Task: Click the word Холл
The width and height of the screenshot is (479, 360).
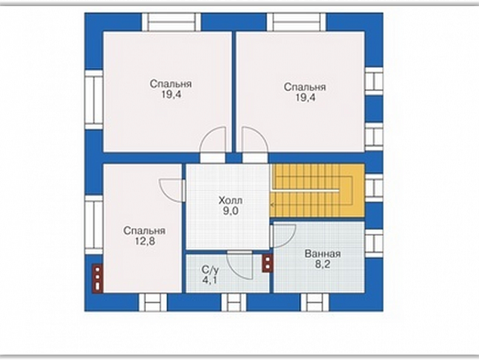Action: tap(230, 200)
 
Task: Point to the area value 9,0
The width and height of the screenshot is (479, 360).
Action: tap(230, 211)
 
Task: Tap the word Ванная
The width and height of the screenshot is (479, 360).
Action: tap(323, 254)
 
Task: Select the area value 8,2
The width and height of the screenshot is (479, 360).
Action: tap(323, 264)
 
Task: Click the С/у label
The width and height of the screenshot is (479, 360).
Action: tap(210, 270)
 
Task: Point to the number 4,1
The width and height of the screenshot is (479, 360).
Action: tap(209, 280)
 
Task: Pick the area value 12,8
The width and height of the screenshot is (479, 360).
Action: tap(145, 241)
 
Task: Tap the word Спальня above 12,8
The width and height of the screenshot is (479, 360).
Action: tap(144, 231)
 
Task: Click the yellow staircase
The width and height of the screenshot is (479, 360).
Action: tap(317, 191)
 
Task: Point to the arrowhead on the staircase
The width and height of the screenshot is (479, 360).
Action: tap(272, 205)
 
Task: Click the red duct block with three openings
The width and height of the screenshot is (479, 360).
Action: tap(97, 278)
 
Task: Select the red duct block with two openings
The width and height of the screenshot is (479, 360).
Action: tap(267, 263)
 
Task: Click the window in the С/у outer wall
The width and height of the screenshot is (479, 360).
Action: tap(234, 303)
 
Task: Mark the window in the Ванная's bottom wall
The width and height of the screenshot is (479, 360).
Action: tap(314, 303)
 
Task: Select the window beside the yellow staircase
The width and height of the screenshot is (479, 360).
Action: tap(374, 188)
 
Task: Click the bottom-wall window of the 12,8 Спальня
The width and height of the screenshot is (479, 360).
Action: tap(153, 303)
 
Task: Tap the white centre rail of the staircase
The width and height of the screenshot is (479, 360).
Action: tap(305, 191)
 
